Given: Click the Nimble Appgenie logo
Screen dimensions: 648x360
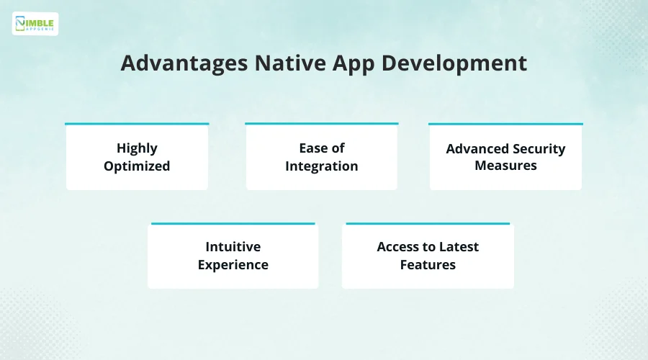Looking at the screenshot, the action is click(35, 24).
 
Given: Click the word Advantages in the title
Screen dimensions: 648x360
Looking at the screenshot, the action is click(184, 63).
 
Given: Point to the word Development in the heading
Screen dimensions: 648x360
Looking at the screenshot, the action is click(454, 64).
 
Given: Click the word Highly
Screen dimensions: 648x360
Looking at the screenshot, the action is click(137, 148).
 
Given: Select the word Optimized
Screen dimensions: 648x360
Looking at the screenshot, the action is click(137, 166).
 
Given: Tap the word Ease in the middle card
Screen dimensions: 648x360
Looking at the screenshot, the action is click(313, 148).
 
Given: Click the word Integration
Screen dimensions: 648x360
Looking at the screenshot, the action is click(322, 166).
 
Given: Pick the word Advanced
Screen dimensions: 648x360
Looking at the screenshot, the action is click(477, 149).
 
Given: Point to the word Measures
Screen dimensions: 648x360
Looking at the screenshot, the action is click(505, 166).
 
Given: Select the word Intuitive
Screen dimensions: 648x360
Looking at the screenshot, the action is click(233, 247).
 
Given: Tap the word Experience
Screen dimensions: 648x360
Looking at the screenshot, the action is click(233, 265).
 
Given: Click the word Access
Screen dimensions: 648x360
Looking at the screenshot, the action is click(398, 247).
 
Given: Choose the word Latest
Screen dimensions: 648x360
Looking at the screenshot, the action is click(459, 247).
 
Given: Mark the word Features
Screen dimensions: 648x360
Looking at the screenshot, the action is click(428, 264).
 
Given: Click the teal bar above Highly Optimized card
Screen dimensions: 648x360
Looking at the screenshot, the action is click(137, 124).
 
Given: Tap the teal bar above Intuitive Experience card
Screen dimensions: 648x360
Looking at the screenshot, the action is click(233, 224).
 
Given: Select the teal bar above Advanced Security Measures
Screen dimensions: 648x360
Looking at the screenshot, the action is click(505, 124).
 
